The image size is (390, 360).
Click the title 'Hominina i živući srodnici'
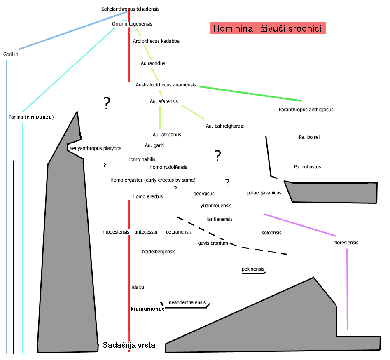tap(268, 28)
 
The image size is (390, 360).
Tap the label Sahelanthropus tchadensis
tap(130, 9)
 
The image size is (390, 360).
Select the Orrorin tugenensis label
tap(132, 24)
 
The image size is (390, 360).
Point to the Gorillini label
tap(12, 54)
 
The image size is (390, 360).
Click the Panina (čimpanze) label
tap(31, 117)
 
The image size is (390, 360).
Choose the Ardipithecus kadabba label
tap(156, 41)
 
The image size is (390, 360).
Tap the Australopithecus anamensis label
tap(166, 85)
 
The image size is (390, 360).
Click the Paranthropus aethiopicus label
tap(306, 110)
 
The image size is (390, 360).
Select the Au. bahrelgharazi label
tap(224, 126)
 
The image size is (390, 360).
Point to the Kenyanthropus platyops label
tap(96, 148)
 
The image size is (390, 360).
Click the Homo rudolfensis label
tap(168, 167)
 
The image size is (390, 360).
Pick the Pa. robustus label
tap(307, 167)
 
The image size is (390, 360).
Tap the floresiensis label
tap(346, 243)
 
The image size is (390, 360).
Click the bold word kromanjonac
tap(147, 309)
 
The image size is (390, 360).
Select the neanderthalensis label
tap(187, 302)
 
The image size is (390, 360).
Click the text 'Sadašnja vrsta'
tap(129, 345)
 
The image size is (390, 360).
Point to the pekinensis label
tap(253, 269)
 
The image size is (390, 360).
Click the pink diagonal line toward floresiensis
tap(299, 224)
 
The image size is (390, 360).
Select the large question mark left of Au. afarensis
tap(107, 103)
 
